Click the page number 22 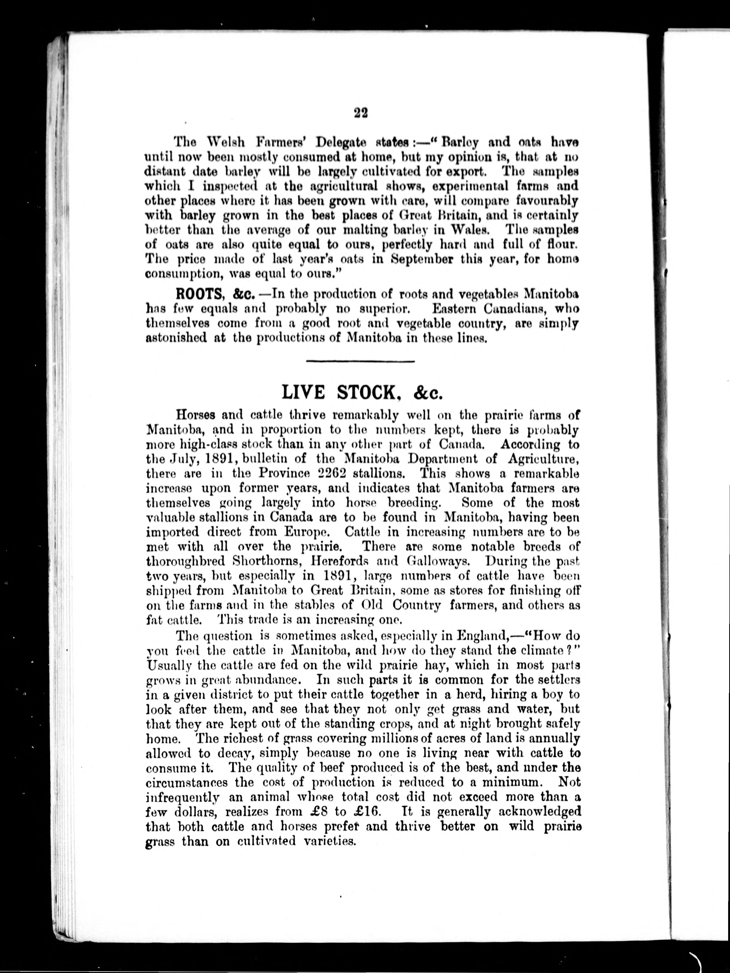pos(360,113)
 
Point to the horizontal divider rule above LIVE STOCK pos(360,362)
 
